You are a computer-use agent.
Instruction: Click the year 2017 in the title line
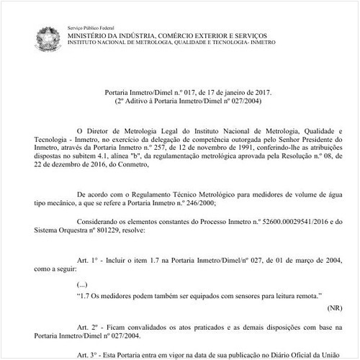coord(242,93)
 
